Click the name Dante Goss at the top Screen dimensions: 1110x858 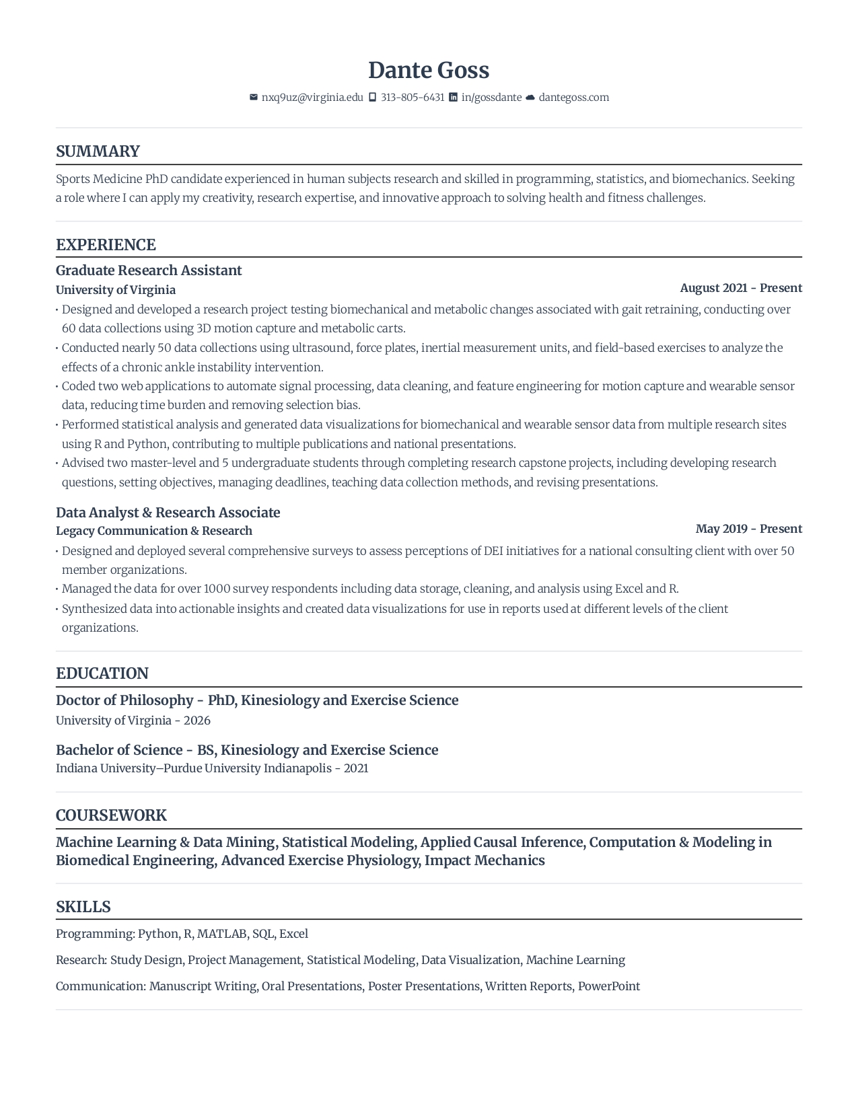tap(429, 70)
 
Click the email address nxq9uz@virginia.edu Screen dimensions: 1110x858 tap(312, 98)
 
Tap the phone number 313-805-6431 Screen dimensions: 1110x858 tap(413, 98)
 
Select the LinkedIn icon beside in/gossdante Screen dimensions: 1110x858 tap(454, 98)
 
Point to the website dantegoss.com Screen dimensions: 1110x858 tap(573, 98)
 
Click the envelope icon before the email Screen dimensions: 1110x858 tap(254, 98)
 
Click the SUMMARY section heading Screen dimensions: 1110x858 tap(98, 151)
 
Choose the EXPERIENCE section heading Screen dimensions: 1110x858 tap(106, 245)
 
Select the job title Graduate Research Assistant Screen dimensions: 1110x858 tap(149, 270)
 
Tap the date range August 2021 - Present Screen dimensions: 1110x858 tap(741, 288)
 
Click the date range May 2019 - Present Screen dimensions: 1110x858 tap(749, 529)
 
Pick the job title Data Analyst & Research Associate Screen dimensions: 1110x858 tap(168, 513)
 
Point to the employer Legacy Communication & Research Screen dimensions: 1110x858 tap(154, 531)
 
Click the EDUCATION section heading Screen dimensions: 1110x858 tap(102, 673)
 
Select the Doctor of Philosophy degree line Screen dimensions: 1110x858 tap(257, 700)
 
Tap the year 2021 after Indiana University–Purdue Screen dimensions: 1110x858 tap(356, 768)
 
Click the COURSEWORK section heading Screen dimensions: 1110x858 tap(111, 815)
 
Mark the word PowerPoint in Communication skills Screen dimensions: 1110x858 tap(609, 986)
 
